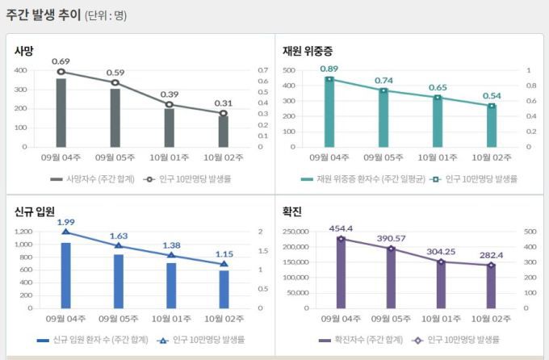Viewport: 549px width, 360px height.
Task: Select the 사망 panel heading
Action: (x=24, y=50)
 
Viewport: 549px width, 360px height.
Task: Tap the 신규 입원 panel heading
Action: (x=35, y=211)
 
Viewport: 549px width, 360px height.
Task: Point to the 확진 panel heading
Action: (x=292, y=211)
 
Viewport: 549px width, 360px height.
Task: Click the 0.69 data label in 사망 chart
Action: (x=61, y=61)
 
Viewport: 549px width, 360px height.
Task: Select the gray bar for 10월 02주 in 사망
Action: (x=224, y=131)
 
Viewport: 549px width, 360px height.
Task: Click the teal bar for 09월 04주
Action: (x=329, y=112)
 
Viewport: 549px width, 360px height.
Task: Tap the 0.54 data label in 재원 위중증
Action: (x=492, y=95)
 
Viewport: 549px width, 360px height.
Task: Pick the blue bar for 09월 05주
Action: (x=119, y=281)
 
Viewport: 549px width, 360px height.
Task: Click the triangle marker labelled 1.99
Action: (x=66, y=232)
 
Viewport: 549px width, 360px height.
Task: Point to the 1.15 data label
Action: (x=224, y=253)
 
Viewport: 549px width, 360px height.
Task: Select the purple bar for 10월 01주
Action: (x=441, y=284)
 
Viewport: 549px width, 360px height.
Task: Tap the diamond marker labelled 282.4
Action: (x=491, y=265)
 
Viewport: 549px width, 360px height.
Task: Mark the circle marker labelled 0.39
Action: (x=170, y=104)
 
